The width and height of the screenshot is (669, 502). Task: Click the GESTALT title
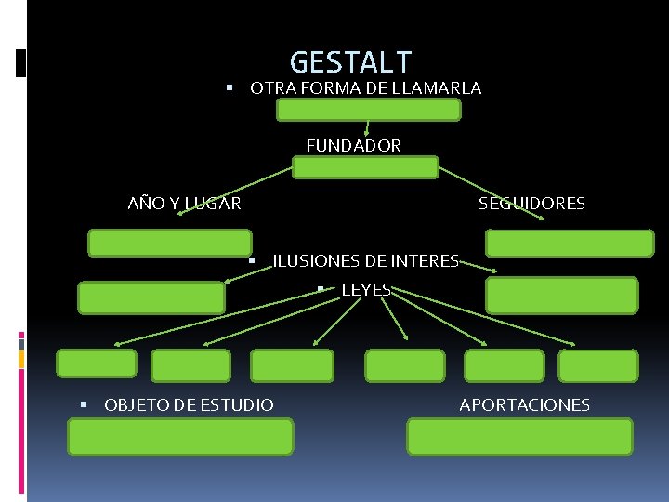tap(350, 62)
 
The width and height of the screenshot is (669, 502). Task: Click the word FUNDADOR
tap(353, 146)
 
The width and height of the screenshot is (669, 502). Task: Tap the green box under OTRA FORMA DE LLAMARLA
tap(369, 111)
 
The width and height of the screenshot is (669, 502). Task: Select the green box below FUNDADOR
tap(364, 167)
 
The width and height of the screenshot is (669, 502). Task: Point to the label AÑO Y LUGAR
tap(184, 204)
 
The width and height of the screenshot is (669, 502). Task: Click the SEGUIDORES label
tap(531, 204)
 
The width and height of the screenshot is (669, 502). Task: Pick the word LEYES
tap(366, 290)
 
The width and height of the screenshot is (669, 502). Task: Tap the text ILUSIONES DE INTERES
tap(365, 262)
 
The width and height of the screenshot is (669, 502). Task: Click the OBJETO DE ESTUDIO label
tap(189, 405)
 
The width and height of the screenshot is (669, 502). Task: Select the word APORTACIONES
tap(524, 405)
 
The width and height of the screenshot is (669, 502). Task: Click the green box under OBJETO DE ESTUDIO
tap(180, 436)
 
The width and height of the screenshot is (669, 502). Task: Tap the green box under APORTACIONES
tap(519, 436)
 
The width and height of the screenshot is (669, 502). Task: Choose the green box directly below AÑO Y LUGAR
tap(169, 243)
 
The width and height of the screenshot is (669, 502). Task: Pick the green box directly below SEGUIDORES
tap(570, 243)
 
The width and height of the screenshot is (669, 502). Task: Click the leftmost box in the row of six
tap(97, 364)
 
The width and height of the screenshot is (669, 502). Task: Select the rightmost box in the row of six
tap(598, 365)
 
